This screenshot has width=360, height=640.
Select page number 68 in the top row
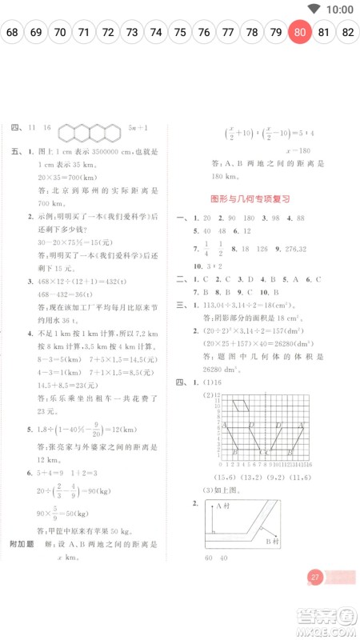click(12, 33)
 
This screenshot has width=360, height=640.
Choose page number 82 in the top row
click(348, 33)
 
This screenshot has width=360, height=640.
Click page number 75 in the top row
click(180, 33)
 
